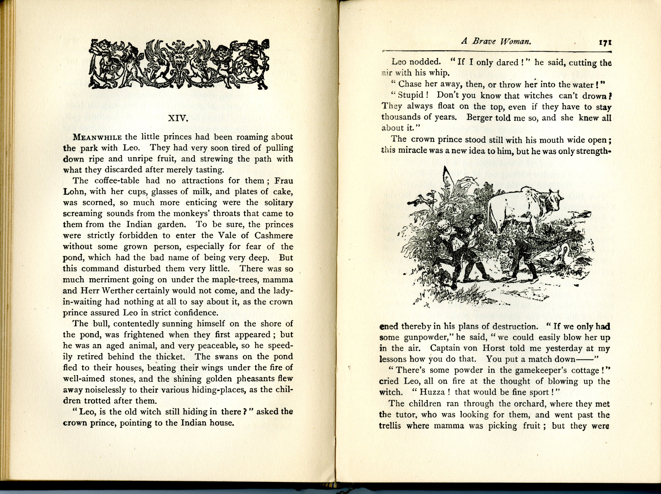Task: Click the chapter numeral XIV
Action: (178, 119)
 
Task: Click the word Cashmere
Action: (274, 236)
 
